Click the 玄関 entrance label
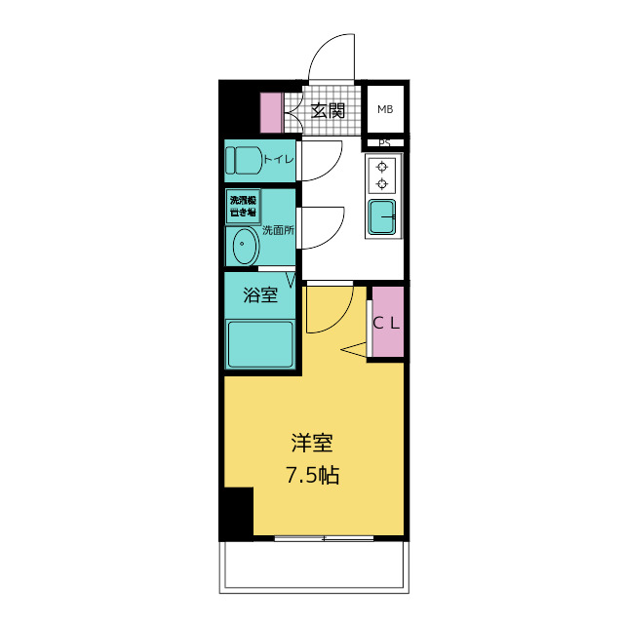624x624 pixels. point(328,110)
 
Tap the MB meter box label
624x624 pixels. point(385,109)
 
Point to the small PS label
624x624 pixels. point(384,143)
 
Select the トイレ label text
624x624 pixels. point(278,158)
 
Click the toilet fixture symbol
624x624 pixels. point(244,159)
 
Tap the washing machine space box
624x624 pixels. point(243,206)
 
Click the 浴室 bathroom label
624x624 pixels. point(260,295)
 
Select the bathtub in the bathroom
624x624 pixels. point(260,344)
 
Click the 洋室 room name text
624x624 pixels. point(313,444)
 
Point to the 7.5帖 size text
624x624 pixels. point(313,477)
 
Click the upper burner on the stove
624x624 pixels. point(382,167)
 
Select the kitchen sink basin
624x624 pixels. point(382,215)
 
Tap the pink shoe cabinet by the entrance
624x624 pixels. point(270,111)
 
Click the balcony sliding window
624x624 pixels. point(324,537)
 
